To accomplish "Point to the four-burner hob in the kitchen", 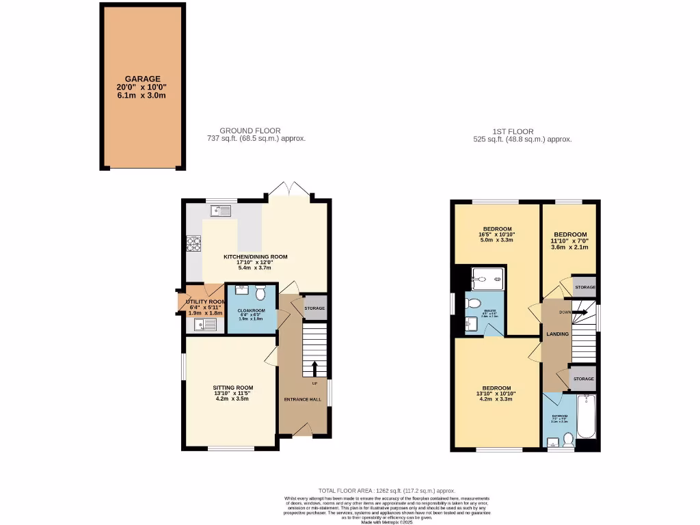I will pyautogui.click(x=193, y=243).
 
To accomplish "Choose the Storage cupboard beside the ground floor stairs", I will pyautogui.click(x=314, y=308).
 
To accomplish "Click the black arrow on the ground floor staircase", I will pyautogui.click(x=314, y=369).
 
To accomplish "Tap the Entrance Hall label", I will pyautogui.click(x=302, y=398).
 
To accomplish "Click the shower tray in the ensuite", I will pyautogui.click(x=488, y=278).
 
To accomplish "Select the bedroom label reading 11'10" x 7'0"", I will pyautogui.click(x=569, y=241).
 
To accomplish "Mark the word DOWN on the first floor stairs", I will pyautogui.click(x=565, y=312).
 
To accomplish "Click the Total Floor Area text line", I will pyautogui.click(x=387, y=491).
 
